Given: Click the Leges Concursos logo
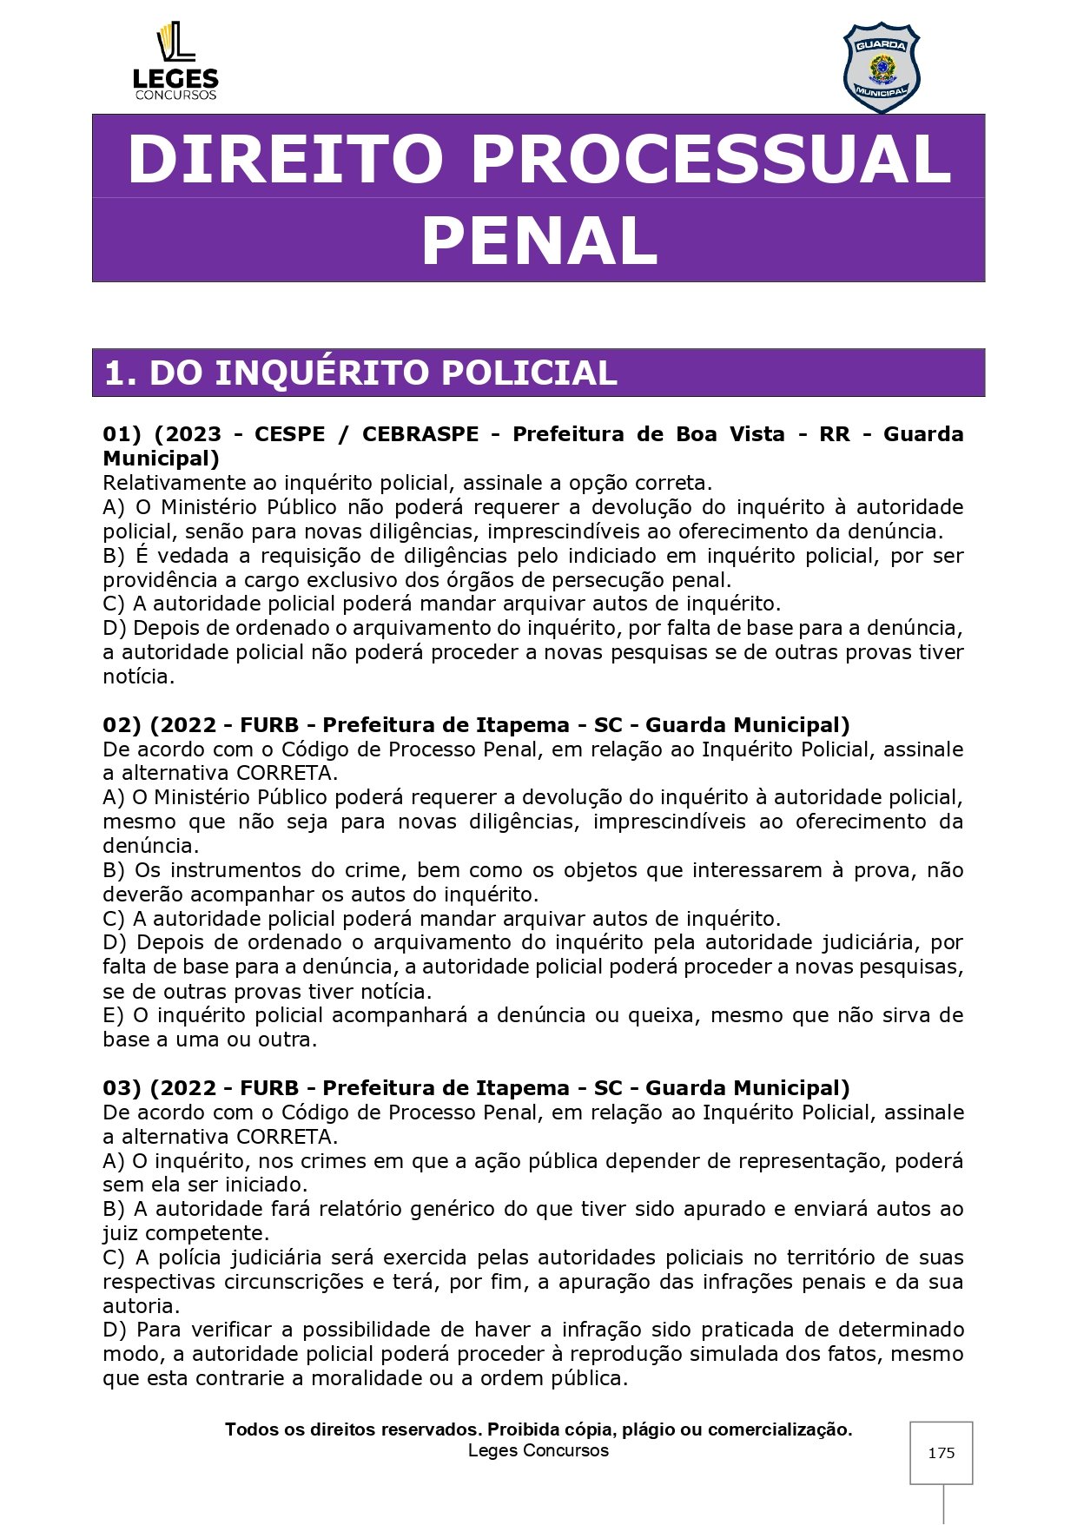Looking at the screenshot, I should coord(175,62).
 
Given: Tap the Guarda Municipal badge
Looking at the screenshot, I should coord(881,68).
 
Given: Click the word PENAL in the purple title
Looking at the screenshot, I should coord(538,241).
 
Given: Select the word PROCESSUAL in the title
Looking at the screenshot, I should coord(711,159).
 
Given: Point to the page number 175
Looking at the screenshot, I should coord(941,1453).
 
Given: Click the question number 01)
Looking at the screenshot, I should coord(122,434).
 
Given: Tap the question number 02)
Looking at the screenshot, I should coord(122,725).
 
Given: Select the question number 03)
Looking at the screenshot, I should coord(122,1088).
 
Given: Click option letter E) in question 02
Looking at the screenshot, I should coord(114,1015).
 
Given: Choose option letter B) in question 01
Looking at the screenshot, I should coord(114,556).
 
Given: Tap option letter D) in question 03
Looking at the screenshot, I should coord(115,1330).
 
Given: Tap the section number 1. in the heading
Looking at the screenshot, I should coord(120,373).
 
